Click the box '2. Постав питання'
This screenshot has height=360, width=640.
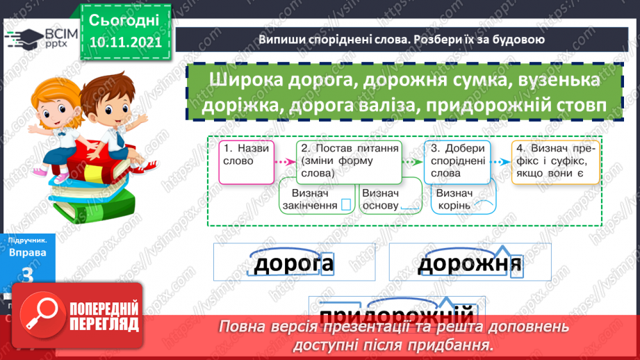point(349,161)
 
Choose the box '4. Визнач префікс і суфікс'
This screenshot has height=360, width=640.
point(555,161)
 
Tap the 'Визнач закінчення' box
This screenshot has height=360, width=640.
point(316,199)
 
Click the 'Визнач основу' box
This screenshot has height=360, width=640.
point(391,199)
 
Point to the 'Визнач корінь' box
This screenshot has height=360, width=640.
point(463,199)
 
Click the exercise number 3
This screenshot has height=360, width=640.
point(28,276)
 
